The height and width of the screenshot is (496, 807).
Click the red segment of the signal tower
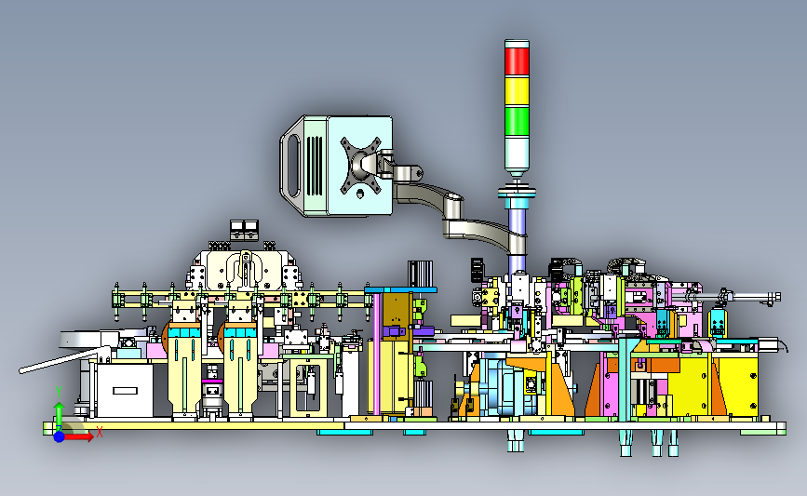click(x=517, y=61)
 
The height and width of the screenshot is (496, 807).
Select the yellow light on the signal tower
click(x=517, y=91)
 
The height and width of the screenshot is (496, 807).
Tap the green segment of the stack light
click(x=517, y=121)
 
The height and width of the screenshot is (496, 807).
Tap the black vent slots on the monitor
click(x=315, y=166)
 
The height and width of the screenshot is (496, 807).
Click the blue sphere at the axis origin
click(x=59, y=436)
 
